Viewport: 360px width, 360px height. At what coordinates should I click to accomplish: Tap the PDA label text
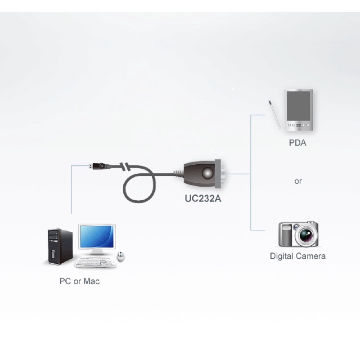[298, 144]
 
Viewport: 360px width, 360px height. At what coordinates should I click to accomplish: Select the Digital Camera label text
[297, 256]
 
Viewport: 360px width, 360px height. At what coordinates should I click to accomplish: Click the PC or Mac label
[80, 282]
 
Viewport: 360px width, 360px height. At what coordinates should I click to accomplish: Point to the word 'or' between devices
[298, 181]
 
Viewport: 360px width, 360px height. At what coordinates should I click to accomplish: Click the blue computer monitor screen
[97, 238]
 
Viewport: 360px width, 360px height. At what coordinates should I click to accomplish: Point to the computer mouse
[121, 256]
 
